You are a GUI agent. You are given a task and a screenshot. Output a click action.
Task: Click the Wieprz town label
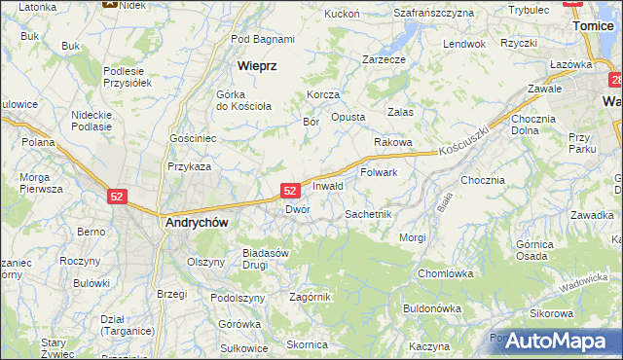point(258,66)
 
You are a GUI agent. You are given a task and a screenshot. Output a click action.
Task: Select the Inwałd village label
point(328,185)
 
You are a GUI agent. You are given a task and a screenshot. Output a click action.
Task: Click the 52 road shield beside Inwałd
point(290,191)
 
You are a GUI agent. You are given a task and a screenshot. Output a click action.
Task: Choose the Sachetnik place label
point(368,213)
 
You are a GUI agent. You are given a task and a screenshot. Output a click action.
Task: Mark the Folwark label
point(380,172)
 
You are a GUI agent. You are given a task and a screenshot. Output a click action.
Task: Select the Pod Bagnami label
point(263,39)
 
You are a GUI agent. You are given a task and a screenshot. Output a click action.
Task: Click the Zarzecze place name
point(384,59)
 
